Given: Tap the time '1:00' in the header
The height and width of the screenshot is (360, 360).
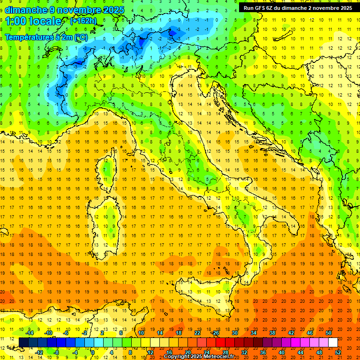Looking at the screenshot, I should pyautogui.click(x=16, y=21).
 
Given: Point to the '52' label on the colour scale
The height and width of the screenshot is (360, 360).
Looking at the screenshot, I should pyautogui.click(x=338, y=352).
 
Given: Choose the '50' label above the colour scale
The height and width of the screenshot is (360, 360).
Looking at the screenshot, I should pyautogui.click(x=329, y=333).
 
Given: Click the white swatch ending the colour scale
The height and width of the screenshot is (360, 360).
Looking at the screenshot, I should pyautogui.click(x=333, y=342).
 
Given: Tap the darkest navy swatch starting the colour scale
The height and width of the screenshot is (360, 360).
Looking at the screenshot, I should pyautogui.click(x=23, y=342).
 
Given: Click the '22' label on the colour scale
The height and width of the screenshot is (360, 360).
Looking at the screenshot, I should pyautogui.click(x=197, y=333).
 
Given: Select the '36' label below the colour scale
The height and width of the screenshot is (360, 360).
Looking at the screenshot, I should pyautogui.click(x=263, y=352).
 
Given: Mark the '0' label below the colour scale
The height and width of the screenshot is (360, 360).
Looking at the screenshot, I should pyautogui.click(x=93, y=352).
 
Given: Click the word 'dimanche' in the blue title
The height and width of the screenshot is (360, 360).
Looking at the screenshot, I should pyautogui.click(x=25, y=10).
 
